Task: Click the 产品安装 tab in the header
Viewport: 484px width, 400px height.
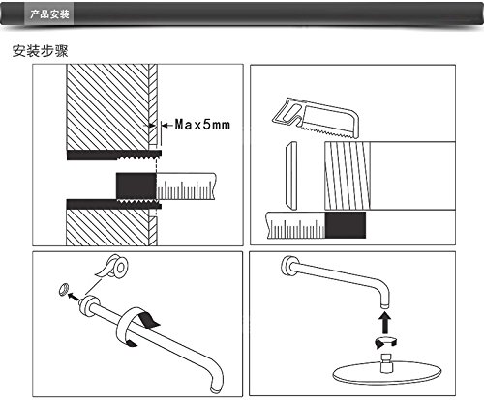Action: (49, 14)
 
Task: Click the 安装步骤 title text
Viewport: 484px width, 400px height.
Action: (41, 51)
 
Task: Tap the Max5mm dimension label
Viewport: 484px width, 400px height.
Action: (202, 125)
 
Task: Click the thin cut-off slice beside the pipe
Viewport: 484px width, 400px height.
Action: (291, 176)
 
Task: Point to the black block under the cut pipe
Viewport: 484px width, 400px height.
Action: (346, 225)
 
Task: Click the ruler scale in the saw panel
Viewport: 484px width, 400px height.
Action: (295, 225)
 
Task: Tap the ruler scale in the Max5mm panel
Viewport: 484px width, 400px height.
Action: (186, 186)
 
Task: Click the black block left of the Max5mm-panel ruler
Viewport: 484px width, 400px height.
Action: (136, 186)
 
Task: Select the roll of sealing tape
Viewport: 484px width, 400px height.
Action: (113, 266)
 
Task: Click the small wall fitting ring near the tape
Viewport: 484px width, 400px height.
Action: (64, 289)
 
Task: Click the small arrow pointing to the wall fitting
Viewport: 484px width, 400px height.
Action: (74, 297)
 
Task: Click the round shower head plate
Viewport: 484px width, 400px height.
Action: (386, 374)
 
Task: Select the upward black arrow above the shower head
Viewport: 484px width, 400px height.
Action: (384, 324)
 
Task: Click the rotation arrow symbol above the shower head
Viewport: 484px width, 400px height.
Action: (385, 342)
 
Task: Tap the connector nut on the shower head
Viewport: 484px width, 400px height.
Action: (386, 362)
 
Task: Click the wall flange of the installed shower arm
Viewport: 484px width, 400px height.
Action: (287, 266)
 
